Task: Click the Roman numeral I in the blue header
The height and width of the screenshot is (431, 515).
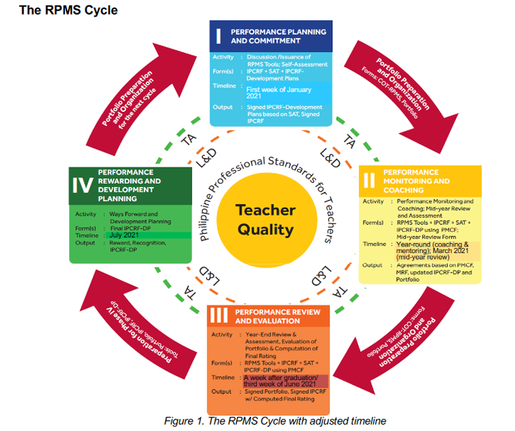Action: pos(218,36)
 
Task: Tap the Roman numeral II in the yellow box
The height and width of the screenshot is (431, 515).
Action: pos(369,180)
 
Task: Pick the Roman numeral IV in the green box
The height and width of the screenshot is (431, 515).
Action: pos(83,185)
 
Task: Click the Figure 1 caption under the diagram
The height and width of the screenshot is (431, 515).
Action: pos(275,421)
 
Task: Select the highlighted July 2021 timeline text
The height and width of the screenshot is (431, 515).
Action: pos(127,235)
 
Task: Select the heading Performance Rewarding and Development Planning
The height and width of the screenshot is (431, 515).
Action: pos(130,185)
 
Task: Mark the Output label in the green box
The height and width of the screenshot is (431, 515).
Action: pos(85,243)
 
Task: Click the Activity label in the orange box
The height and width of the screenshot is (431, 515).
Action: pos(222,335)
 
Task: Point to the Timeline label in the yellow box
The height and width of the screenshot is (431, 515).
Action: pos(375,245)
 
